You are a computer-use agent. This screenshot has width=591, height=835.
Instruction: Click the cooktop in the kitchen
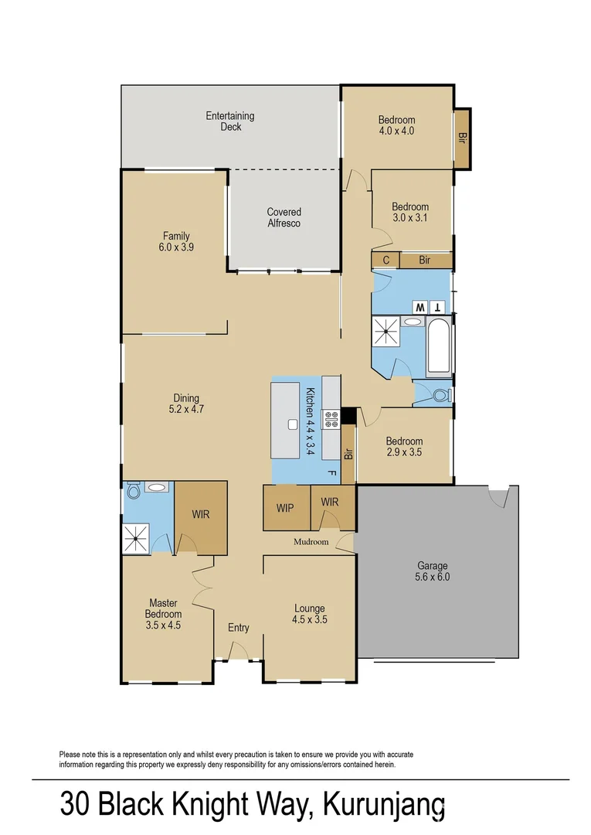[x=331, y=419]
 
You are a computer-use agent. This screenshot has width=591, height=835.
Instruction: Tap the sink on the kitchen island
[x=292, y=424]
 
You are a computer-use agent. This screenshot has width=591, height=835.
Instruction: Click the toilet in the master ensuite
[x=133, y=490]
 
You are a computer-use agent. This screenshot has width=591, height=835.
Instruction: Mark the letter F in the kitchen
[x=331, y=472]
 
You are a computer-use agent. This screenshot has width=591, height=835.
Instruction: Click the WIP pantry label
[x=285, y=508]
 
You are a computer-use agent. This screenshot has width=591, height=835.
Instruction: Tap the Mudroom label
[x=311, y=542]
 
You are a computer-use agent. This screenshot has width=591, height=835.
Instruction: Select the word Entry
[x=238, y=628]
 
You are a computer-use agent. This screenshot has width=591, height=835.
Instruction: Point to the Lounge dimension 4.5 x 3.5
[x=309, y=619]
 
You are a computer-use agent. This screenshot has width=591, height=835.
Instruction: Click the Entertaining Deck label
[x=229, y=121]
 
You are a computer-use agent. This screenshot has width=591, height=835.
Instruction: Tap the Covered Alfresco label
[x=284, y=217]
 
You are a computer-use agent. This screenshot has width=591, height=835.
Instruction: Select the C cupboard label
[x=386, y=261]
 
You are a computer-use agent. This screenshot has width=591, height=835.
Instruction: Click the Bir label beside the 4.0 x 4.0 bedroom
[x=462, y=138]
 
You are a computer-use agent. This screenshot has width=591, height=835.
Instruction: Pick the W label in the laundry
[x=420, y=307]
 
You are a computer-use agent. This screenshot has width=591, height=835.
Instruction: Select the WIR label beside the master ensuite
[x=200, y=513]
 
